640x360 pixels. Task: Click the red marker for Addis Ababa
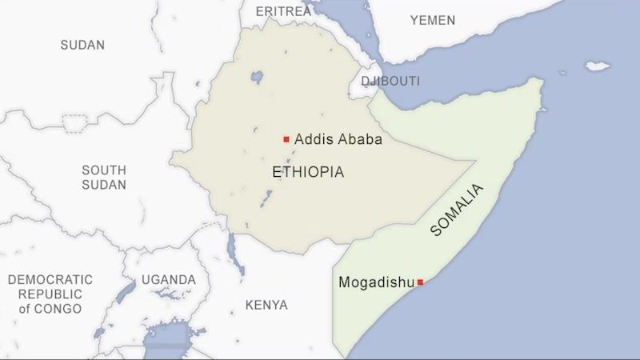[x=286, y=139]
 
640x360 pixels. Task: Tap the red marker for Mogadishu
[x=420, y=282]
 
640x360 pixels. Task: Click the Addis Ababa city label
[x=338, y=139]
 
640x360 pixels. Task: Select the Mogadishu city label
[x=377, y=282]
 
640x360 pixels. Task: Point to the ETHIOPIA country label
[x=308, y=172]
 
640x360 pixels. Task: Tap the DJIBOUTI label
[x=390, y=82]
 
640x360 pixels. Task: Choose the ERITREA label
[x=284, y=11]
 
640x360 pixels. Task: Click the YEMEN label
[x=432, y=20]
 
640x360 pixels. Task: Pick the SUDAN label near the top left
[x=82, y=45]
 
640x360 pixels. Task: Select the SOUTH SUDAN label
[x=104, y=178]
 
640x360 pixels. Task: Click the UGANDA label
[x=168, y=280]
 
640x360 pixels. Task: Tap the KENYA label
[x=266, y=305]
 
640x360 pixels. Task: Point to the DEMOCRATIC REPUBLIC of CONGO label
[x=50, y=294]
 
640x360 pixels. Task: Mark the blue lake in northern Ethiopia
[x=257, y=78]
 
